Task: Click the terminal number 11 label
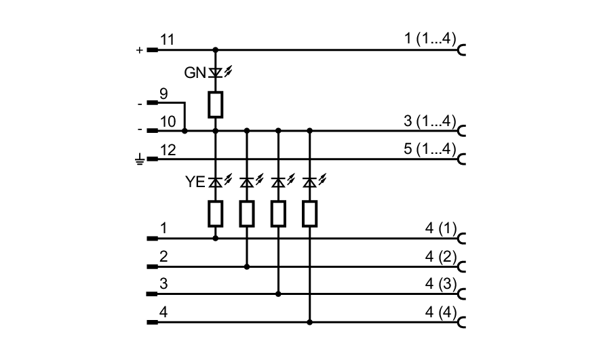point(168,41)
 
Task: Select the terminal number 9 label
point(163,94)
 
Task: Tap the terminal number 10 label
point(168,121)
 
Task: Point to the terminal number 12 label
point(168,150)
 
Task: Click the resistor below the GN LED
point(216,104)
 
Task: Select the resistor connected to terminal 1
point(216,214)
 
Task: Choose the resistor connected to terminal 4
point(310,214)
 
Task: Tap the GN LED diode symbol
point(216,71)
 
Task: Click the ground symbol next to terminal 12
point(140,160)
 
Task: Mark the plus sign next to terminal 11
point(140,50)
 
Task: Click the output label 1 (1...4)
point(429,39)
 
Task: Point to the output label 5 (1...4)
point(429,149)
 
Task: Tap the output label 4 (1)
point(440,229)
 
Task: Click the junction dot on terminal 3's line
point(278,294)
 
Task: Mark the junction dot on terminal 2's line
point(247,266)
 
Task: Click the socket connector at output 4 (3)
point(462,294)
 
